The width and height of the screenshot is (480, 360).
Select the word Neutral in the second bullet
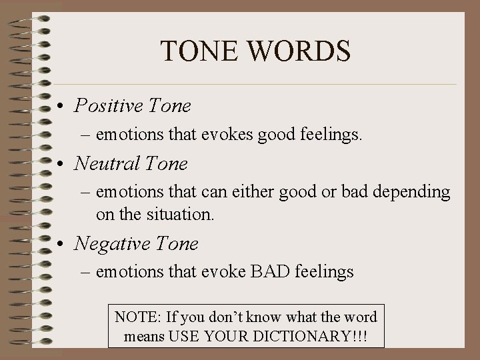(104, 163)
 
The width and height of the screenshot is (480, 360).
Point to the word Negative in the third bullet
(108, 244)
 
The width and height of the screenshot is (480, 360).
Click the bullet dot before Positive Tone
(61, 107)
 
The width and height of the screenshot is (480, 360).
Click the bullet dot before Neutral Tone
(61, 164)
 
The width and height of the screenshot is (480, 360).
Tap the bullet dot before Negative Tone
(61, 245)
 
